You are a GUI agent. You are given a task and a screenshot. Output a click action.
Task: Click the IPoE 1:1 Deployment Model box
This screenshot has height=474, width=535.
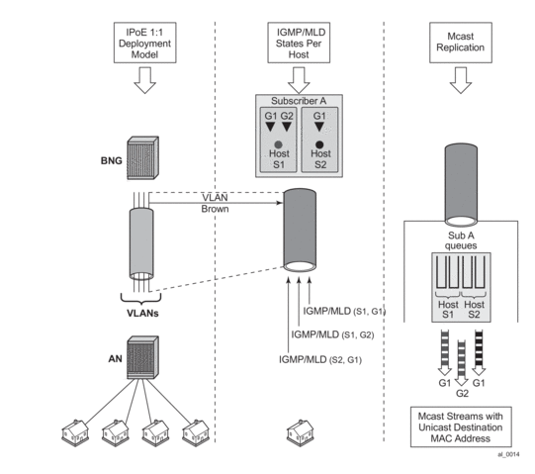(145, 43)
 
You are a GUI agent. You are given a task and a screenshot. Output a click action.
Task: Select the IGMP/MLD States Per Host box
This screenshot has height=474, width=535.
(299, 43)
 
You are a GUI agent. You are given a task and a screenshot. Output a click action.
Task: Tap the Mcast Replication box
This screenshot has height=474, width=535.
(461, 43)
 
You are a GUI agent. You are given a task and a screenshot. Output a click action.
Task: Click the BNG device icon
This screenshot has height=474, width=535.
(143, 157)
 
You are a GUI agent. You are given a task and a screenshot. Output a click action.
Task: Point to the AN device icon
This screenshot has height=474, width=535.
(143, 357)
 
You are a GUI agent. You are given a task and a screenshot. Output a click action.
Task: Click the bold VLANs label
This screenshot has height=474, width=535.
(142, 313)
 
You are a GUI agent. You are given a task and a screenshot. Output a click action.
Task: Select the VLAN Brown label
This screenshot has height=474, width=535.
(215, 203)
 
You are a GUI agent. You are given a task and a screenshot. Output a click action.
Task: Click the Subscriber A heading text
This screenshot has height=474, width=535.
(299, 101)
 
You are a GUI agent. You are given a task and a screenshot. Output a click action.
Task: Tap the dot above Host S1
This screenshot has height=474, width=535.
(279, 144)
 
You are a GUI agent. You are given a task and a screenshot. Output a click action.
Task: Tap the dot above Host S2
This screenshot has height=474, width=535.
(319, 144)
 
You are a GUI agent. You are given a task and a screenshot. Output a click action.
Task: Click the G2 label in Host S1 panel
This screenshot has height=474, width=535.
(287, 116)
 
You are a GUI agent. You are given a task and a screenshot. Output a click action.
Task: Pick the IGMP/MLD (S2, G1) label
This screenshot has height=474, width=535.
(320, 359)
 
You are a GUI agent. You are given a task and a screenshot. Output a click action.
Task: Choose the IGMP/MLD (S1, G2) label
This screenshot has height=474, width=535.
(332, 334)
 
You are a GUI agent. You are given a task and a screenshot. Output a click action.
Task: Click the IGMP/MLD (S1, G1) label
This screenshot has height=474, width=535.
(344, 311)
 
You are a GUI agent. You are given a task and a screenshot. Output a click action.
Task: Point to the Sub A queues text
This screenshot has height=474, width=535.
(461, 240)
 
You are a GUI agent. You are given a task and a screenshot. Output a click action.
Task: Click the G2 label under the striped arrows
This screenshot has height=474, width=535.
(463, 394)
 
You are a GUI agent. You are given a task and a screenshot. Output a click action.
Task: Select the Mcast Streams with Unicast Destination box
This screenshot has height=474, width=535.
(461, 427)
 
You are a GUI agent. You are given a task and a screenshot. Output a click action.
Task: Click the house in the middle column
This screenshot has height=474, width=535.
(301, 433)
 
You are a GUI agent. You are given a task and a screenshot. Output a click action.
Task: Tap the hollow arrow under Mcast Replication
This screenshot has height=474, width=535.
(461, 80)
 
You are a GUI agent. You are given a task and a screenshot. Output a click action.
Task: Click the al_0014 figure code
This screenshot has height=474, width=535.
(508, 454)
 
